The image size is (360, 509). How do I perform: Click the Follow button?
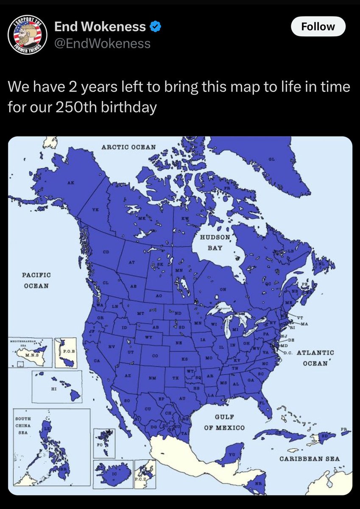[318, 27]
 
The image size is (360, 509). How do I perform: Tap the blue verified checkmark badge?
[156, 27]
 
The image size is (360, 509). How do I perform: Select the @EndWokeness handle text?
[102, 43]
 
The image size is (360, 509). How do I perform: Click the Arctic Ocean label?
[128, 147]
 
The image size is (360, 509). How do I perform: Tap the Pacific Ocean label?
[36, 280]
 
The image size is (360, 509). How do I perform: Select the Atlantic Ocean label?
[315, 358]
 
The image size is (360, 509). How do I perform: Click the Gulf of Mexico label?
[224, 422]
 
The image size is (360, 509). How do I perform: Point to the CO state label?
[155, 356]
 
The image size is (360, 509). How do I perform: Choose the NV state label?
[112, 346]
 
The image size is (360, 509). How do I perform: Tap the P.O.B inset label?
[69, 351]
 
